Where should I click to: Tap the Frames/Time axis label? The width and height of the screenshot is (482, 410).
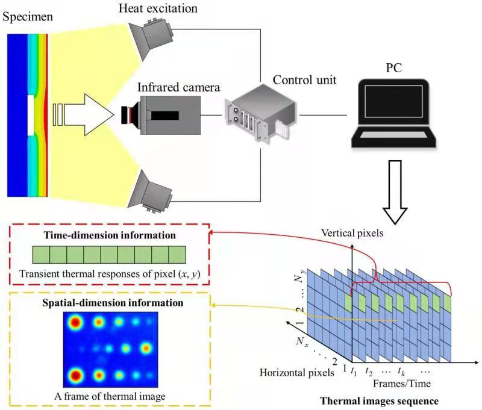pos(395,382)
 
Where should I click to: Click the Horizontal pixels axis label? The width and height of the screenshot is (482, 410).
pos(297,373)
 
